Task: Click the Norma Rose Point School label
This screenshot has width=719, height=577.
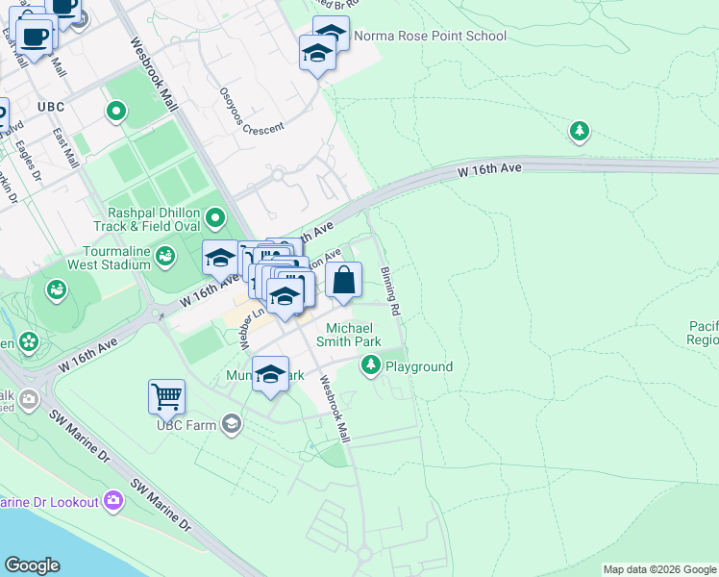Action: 430,37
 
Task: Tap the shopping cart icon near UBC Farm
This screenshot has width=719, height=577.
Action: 166,395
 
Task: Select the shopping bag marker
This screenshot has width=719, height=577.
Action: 344,281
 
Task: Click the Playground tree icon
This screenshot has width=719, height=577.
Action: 371,365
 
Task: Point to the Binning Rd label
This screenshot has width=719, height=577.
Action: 389,292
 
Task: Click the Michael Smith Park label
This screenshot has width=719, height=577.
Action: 354,335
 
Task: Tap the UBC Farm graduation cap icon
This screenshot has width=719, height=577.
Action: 231,423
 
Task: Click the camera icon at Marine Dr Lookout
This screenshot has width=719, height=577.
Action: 114,501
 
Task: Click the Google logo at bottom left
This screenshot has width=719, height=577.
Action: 32,565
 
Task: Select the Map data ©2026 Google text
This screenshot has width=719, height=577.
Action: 659,569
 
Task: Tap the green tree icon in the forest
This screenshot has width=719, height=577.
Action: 579,131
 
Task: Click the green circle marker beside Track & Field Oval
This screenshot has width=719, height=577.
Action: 215,219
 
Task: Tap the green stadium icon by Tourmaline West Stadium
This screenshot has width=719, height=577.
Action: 166,256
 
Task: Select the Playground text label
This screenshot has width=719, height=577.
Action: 418,366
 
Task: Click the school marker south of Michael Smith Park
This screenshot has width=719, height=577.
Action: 271,374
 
